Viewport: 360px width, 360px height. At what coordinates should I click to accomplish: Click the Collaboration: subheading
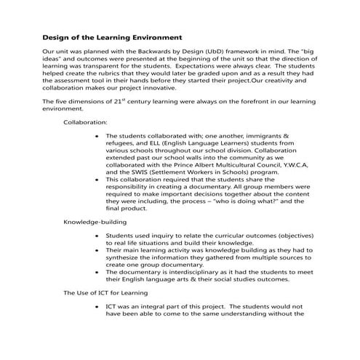[85, 124]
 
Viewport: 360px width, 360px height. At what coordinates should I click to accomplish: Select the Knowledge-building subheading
[95, 221]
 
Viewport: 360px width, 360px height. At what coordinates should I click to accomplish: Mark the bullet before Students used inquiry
[97, 236]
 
